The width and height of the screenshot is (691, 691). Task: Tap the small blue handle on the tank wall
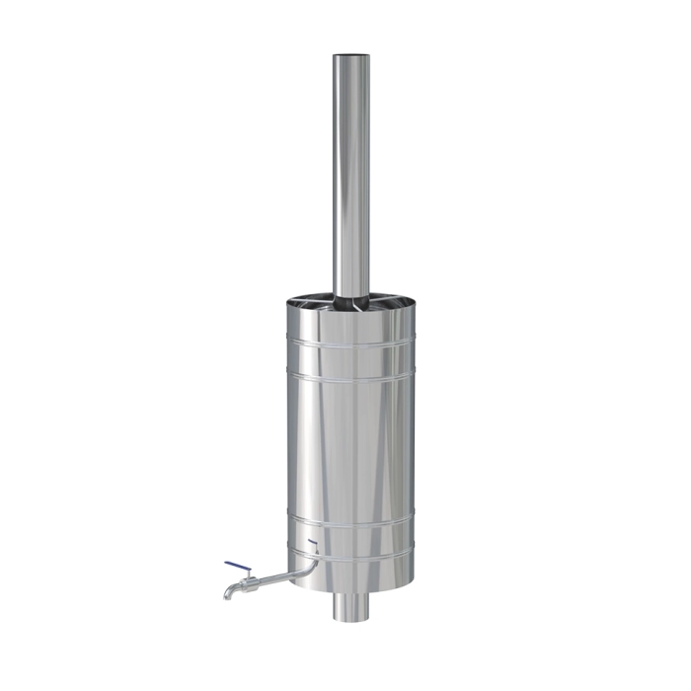(312, 543)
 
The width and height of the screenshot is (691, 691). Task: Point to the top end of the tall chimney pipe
(348, 57)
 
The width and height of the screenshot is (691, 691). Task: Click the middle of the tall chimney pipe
(348, 178)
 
